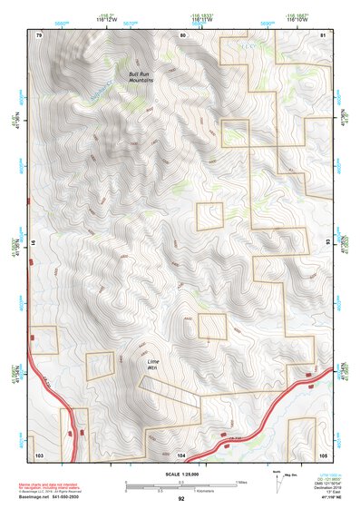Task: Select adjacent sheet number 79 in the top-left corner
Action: pos(38,34)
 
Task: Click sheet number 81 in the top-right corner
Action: pos(324,34)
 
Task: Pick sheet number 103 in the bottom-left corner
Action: pos(38,452)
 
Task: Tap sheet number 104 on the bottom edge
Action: pos(181,452)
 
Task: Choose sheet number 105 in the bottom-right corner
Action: pos(324,452)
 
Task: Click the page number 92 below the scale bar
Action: pos(181,499)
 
